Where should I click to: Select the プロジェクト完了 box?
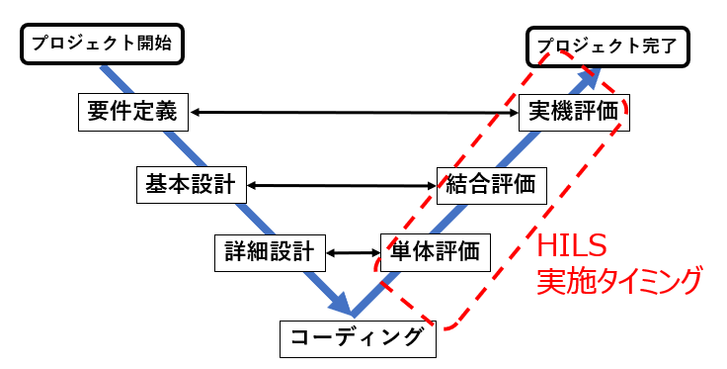click(x=606, y=46)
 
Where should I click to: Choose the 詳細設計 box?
click(x=270, y=251)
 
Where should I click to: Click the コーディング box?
click(x=358, y=336)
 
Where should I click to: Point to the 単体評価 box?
click(x=435, y=251)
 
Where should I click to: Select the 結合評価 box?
click(x=491, y=183)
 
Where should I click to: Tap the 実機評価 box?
click(x=573, y=111)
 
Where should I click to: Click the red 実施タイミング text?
click(x=618, y=280)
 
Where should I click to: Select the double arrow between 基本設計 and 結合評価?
click(x=341, y=184)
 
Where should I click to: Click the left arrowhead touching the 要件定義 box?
click(x=196, y=112)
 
